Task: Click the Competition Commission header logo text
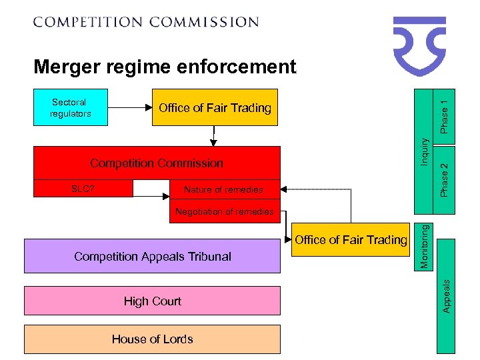[x=146, y=22]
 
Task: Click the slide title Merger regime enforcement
[x=165, y=67]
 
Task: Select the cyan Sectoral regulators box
[x=70, y=108]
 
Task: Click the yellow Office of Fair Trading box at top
[x=215, y=108]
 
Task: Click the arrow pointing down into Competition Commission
[x=214, y=136]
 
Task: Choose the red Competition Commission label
[x=157, y=163]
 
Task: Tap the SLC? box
[x=83, y=189]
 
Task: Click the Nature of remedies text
[x=223, y=190]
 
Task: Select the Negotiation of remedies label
[x=224, y=211]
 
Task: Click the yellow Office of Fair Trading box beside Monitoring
[x=351, y=240]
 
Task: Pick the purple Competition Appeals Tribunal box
[x=153, y=257]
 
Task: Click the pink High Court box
[x=153, y=301]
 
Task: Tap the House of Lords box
[x=153, y=339]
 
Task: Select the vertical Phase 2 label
[x=445, y=178]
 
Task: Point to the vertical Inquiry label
[x=423, y=152]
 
